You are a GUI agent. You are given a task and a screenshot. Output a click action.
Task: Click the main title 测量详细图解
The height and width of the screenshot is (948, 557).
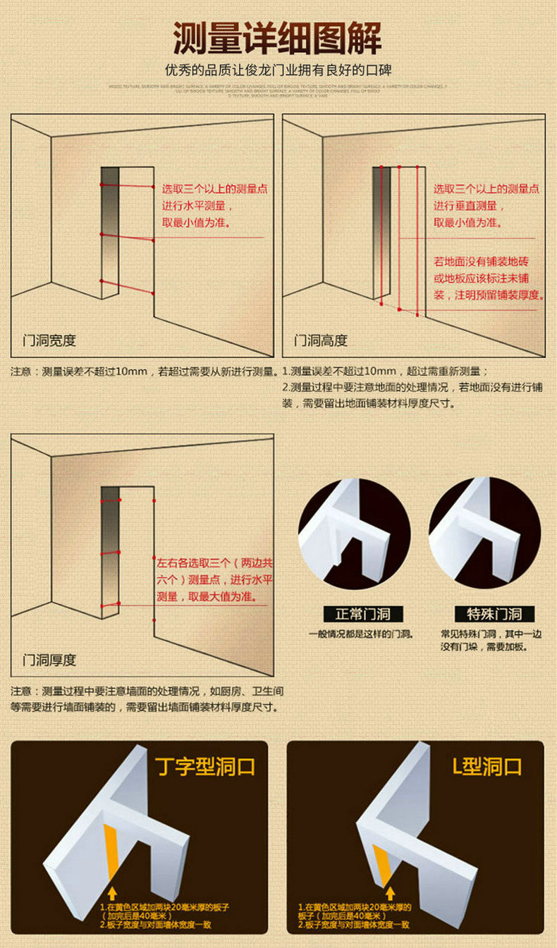point(278,38)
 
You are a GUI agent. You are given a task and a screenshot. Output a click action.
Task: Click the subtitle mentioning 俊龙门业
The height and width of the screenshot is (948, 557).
point(278,71)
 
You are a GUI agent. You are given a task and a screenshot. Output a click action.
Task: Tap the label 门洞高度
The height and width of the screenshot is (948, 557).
point(321,340)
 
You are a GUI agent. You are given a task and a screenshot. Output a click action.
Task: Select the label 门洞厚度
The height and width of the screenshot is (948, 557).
point(49,660)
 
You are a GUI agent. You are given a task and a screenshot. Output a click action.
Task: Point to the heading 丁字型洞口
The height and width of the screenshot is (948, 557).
point(204,766)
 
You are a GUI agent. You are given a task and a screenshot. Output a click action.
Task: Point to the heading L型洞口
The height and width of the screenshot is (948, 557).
point(487,766)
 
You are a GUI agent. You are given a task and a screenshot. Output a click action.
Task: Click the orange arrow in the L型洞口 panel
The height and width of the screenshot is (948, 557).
point(390,893)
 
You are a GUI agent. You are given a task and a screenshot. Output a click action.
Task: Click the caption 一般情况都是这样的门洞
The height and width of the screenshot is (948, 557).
point(360,634)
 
